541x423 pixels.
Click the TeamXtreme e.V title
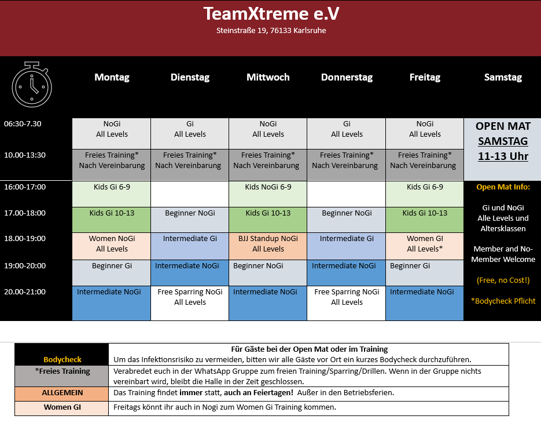click(x=271, y=14)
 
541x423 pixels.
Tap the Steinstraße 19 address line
click(x=271, y=30)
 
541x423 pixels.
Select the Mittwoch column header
click(x=268, y=77)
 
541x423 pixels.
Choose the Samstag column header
click(x=503, y=77)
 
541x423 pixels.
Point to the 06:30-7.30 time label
click(x=23, y=124)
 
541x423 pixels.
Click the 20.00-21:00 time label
click(x=25, y=291)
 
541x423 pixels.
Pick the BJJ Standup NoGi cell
click(x=268, y=246)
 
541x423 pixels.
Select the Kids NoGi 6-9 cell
click(x=268, y=194)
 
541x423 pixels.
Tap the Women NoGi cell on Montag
click(x=112, y=246)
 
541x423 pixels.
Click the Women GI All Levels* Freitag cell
click(x=425, y=246)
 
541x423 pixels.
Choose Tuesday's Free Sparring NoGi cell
click(x=190, y=303)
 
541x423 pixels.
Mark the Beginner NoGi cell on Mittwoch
click(x=268, y=273)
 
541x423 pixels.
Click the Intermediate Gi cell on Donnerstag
click(x=347, y=246)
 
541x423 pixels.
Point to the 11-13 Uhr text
click(x=503, y=156)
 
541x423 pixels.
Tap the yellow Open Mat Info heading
click(x=503, y=187)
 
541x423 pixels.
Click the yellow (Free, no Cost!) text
click(x=503, y=280)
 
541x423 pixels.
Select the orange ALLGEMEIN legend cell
click(x=62, y=393)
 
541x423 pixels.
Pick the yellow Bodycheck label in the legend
click(x=62, y=359)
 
